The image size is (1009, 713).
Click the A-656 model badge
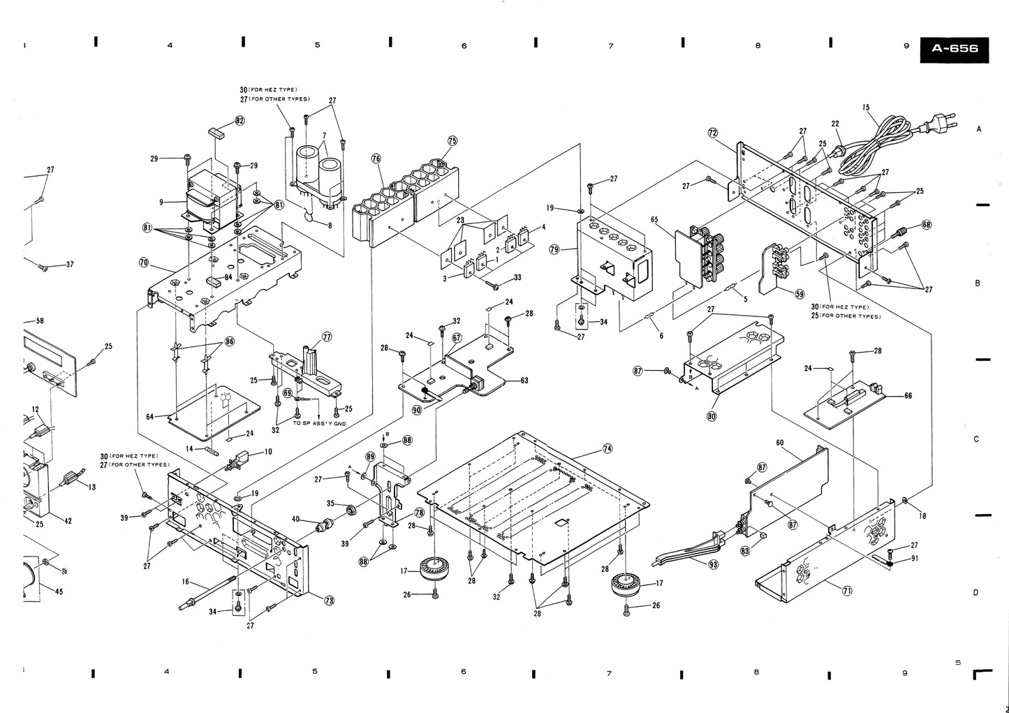click(x=955, y=49)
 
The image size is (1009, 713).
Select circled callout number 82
click(x=240, y=120)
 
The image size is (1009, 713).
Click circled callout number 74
click(x=607, y=448)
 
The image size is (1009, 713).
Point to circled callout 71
click(x=847, y=591)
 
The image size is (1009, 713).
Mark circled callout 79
click(x=554, y=249)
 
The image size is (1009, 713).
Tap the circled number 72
click(x=713, y=132)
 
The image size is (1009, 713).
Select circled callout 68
click(x=926, y=225)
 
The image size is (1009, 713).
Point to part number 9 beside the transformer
click(x=161, y=202)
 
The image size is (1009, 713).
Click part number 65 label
click(x=654, y=220)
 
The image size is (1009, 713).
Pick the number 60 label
click(x=779, y=443)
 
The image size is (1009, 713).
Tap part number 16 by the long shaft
click(x=186, y=582)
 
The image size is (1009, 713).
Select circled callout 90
click(x=417, y=411)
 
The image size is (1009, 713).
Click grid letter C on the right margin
click(x=978, y=439)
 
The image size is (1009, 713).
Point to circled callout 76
click(x=376, y=159)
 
